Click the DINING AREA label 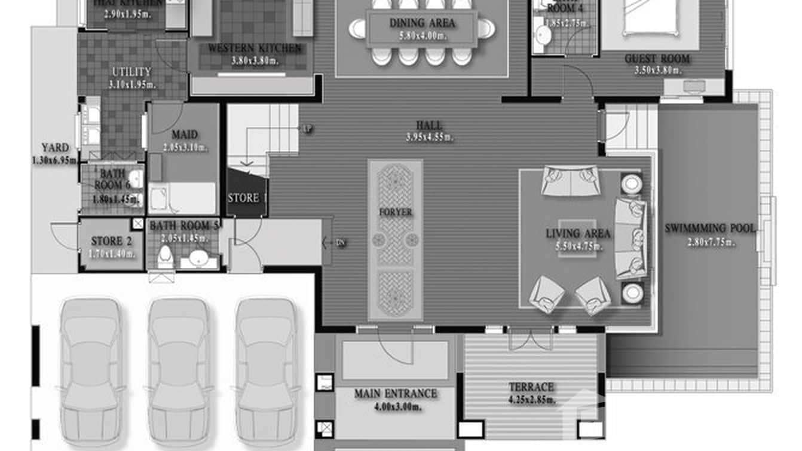pos(422,23)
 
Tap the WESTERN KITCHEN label pos(255,48)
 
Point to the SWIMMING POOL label pos(710,228)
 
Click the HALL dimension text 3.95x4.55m pos(429,137)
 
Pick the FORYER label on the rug pos(395,212)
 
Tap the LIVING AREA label pos(578,233)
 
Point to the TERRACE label pos(531,387)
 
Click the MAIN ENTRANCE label pos(396,394)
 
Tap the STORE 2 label pos(111,241)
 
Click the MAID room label pos(184,135)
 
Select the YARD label pos(55,148)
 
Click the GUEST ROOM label pos(657,59)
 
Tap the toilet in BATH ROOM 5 pos(165,256)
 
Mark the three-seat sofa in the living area pos(630,238)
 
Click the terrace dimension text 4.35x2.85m pos(531,400)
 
